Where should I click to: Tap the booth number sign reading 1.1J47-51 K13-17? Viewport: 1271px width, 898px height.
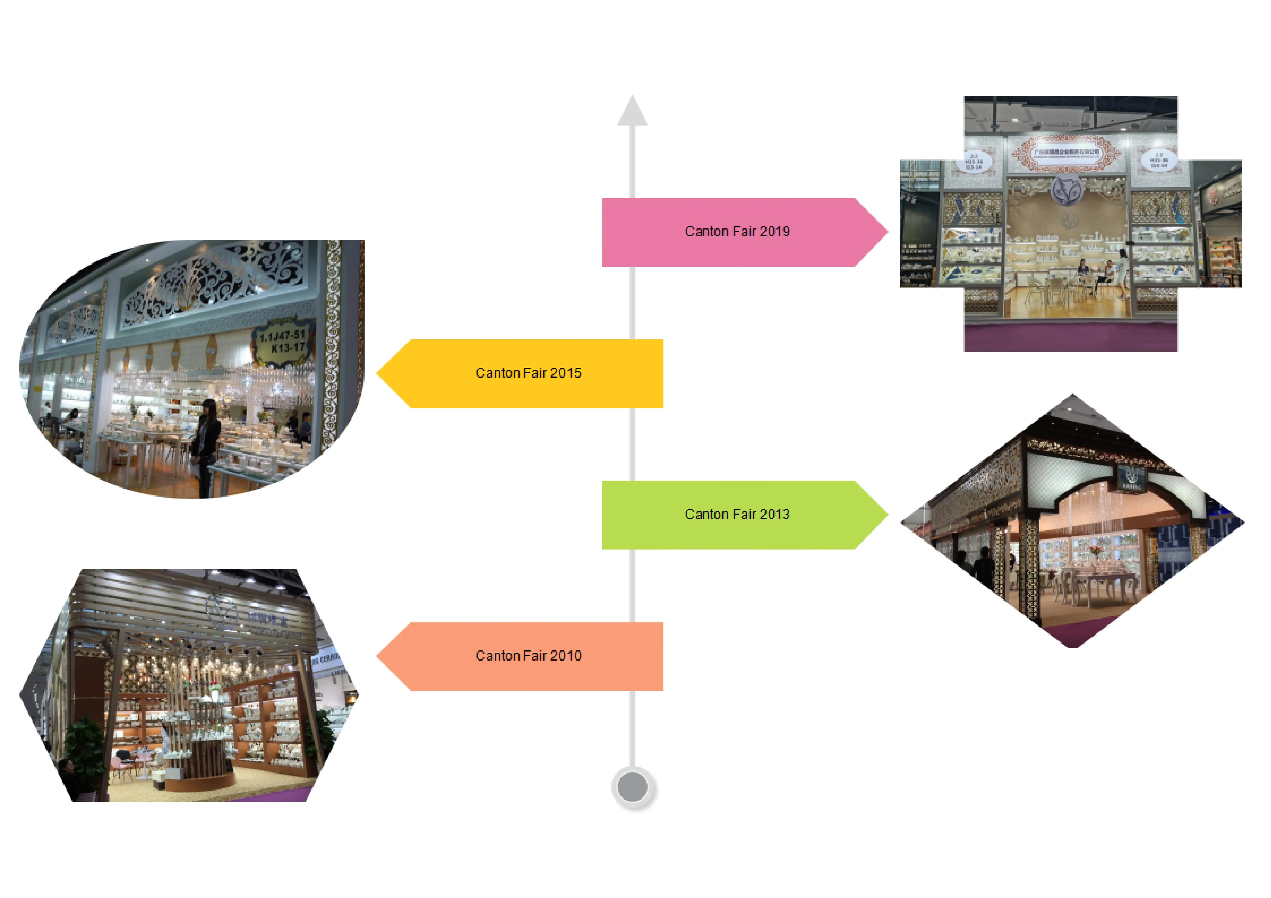pyautogui.click(x=282, y=341)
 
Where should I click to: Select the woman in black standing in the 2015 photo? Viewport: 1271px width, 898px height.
pyautogui.click(x=206, y=443)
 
